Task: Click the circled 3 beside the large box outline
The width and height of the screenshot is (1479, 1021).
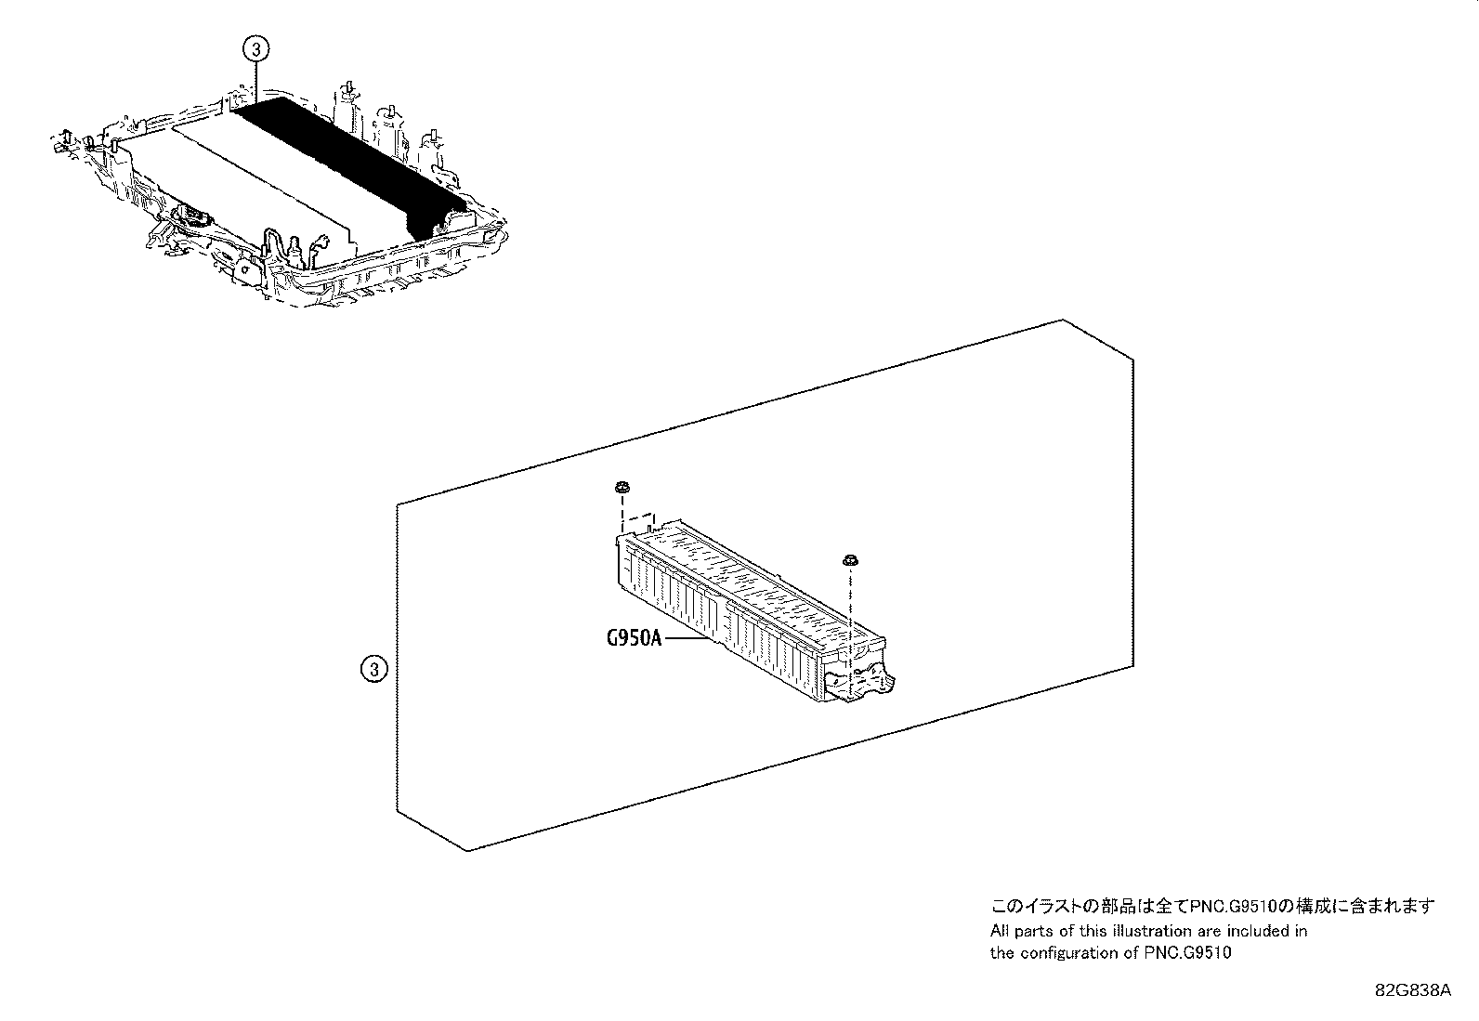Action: click(373, 668)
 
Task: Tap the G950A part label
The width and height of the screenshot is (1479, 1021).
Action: click(634, 638)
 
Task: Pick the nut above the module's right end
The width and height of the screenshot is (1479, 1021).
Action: click(849, 560)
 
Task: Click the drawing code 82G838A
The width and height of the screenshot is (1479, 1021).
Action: click(1413, 989)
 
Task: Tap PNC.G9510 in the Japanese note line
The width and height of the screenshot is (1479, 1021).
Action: click(1229, 906)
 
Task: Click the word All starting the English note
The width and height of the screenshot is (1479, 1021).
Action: click(1000, 930)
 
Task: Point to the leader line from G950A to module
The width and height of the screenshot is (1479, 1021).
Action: click(687, 639)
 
